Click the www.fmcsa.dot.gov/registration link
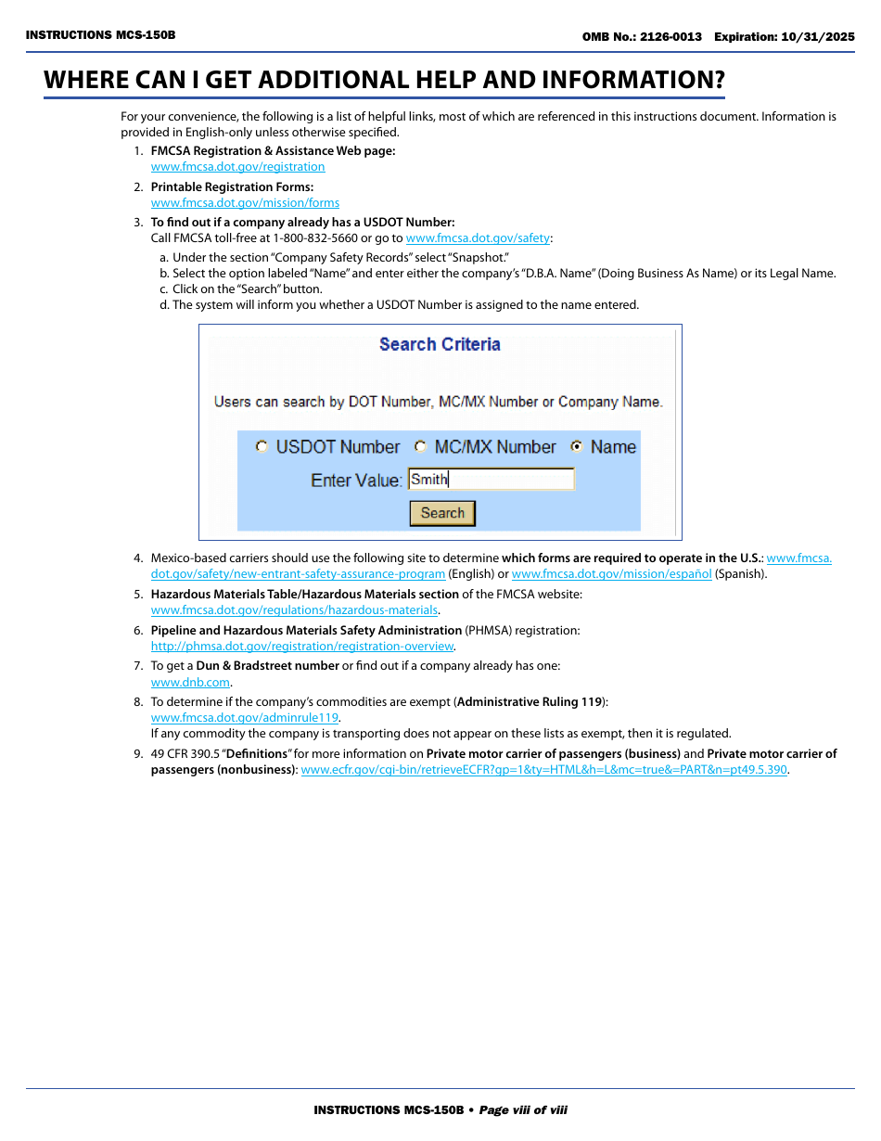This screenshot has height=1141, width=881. (x=237, y=167)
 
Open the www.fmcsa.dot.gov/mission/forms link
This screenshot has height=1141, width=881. (x=245, y=203)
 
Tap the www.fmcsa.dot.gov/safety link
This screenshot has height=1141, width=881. (x=478, y=238)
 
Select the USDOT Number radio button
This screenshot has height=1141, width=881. (x=262, y=446)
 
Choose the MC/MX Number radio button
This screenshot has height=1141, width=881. (x=420, y=446)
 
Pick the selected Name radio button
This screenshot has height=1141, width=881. (x=577, y=446)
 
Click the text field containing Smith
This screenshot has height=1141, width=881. (x=492, y=480)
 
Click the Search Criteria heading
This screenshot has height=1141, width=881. (x=440, y=344)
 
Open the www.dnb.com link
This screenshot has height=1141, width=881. (x=190, y=683)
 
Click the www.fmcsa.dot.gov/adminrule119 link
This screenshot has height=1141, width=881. (x=245, y=718)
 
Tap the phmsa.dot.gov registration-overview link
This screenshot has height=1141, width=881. (x=302, y=647)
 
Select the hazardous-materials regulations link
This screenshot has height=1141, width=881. (x=294, y=610)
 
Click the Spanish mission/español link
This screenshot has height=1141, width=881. (x=611, y=574)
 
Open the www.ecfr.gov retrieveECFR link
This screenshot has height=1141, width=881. (x=544, y=770)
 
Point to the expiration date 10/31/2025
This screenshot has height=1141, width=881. (x=819, y=37)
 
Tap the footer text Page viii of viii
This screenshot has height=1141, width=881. (x=522, y=1110)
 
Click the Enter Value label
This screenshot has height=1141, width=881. (x=356, y=481)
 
